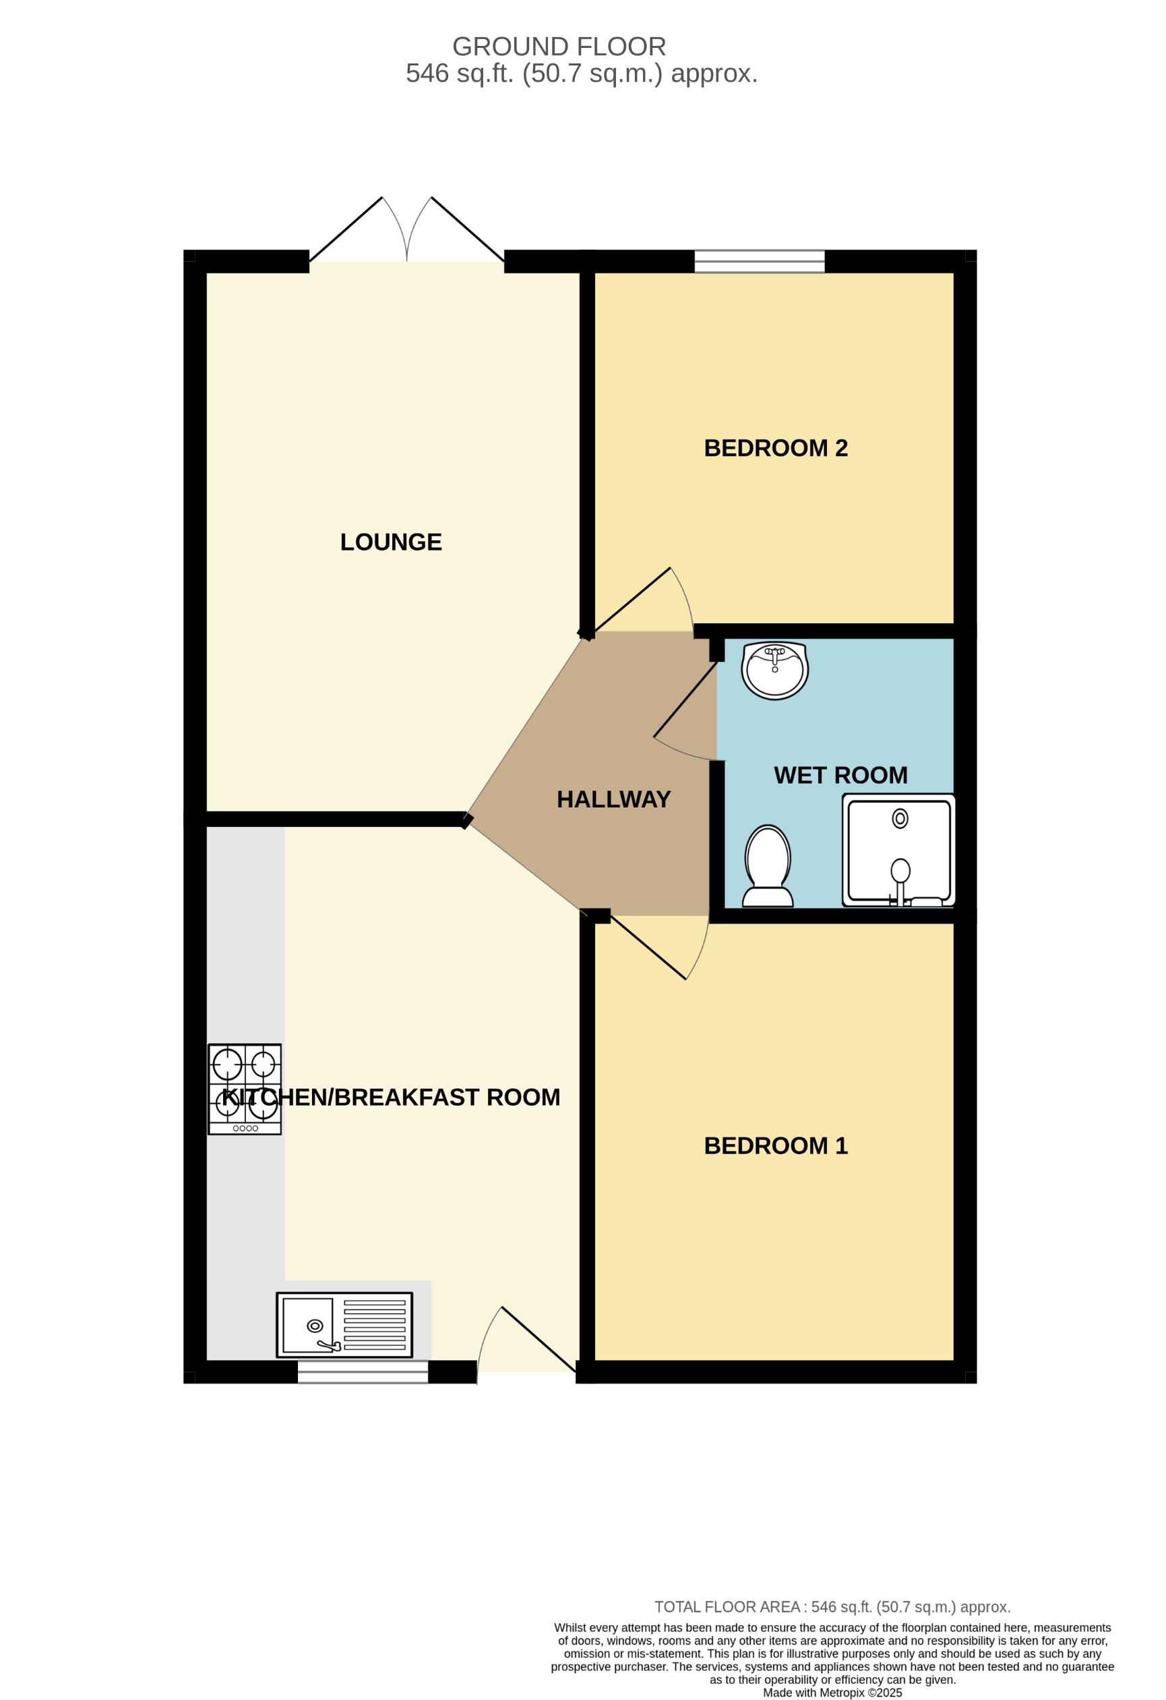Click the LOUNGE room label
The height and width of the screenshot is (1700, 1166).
(x=390, y=542)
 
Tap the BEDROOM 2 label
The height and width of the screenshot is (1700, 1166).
(x=775, y=448)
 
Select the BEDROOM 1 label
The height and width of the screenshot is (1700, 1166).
(x=775, y=1145)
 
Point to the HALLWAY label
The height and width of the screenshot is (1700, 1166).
(x=613, y=799)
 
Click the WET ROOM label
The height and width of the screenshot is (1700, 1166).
(x=840, y=774)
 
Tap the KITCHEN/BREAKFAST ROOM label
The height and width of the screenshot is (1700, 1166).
(x=391, y=1098)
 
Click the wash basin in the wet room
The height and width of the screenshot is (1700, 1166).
(x=774, y=669)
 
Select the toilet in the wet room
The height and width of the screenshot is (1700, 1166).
(x=768, y=866)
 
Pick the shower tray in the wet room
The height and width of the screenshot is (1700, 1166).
(x=898, y=850)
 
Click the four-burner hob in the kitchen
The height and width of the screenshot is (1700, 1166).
(x=245, y=1088)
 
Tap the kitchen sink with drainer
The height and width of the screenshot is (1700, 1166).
(x=344, y=1325)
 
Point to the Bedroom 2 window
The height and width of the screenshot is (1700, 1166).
(x=759, y=261)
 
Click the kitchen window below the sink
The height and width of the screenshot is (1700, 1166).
(x=363, y=1371)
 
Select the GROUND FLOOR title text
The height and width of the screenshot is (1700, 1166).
(x=559, y=47)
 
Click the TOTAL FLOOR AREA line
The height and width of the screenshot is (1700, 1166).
(x=832, y=1607)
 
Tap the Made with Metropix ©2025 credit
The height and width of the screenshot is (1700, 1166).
(x=832, y=1693)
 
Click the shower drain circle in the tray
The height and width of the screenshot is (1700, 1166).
(x=900, y=818)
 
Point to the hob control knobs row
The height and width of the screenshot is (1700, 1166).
(x=245, y=1128)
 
